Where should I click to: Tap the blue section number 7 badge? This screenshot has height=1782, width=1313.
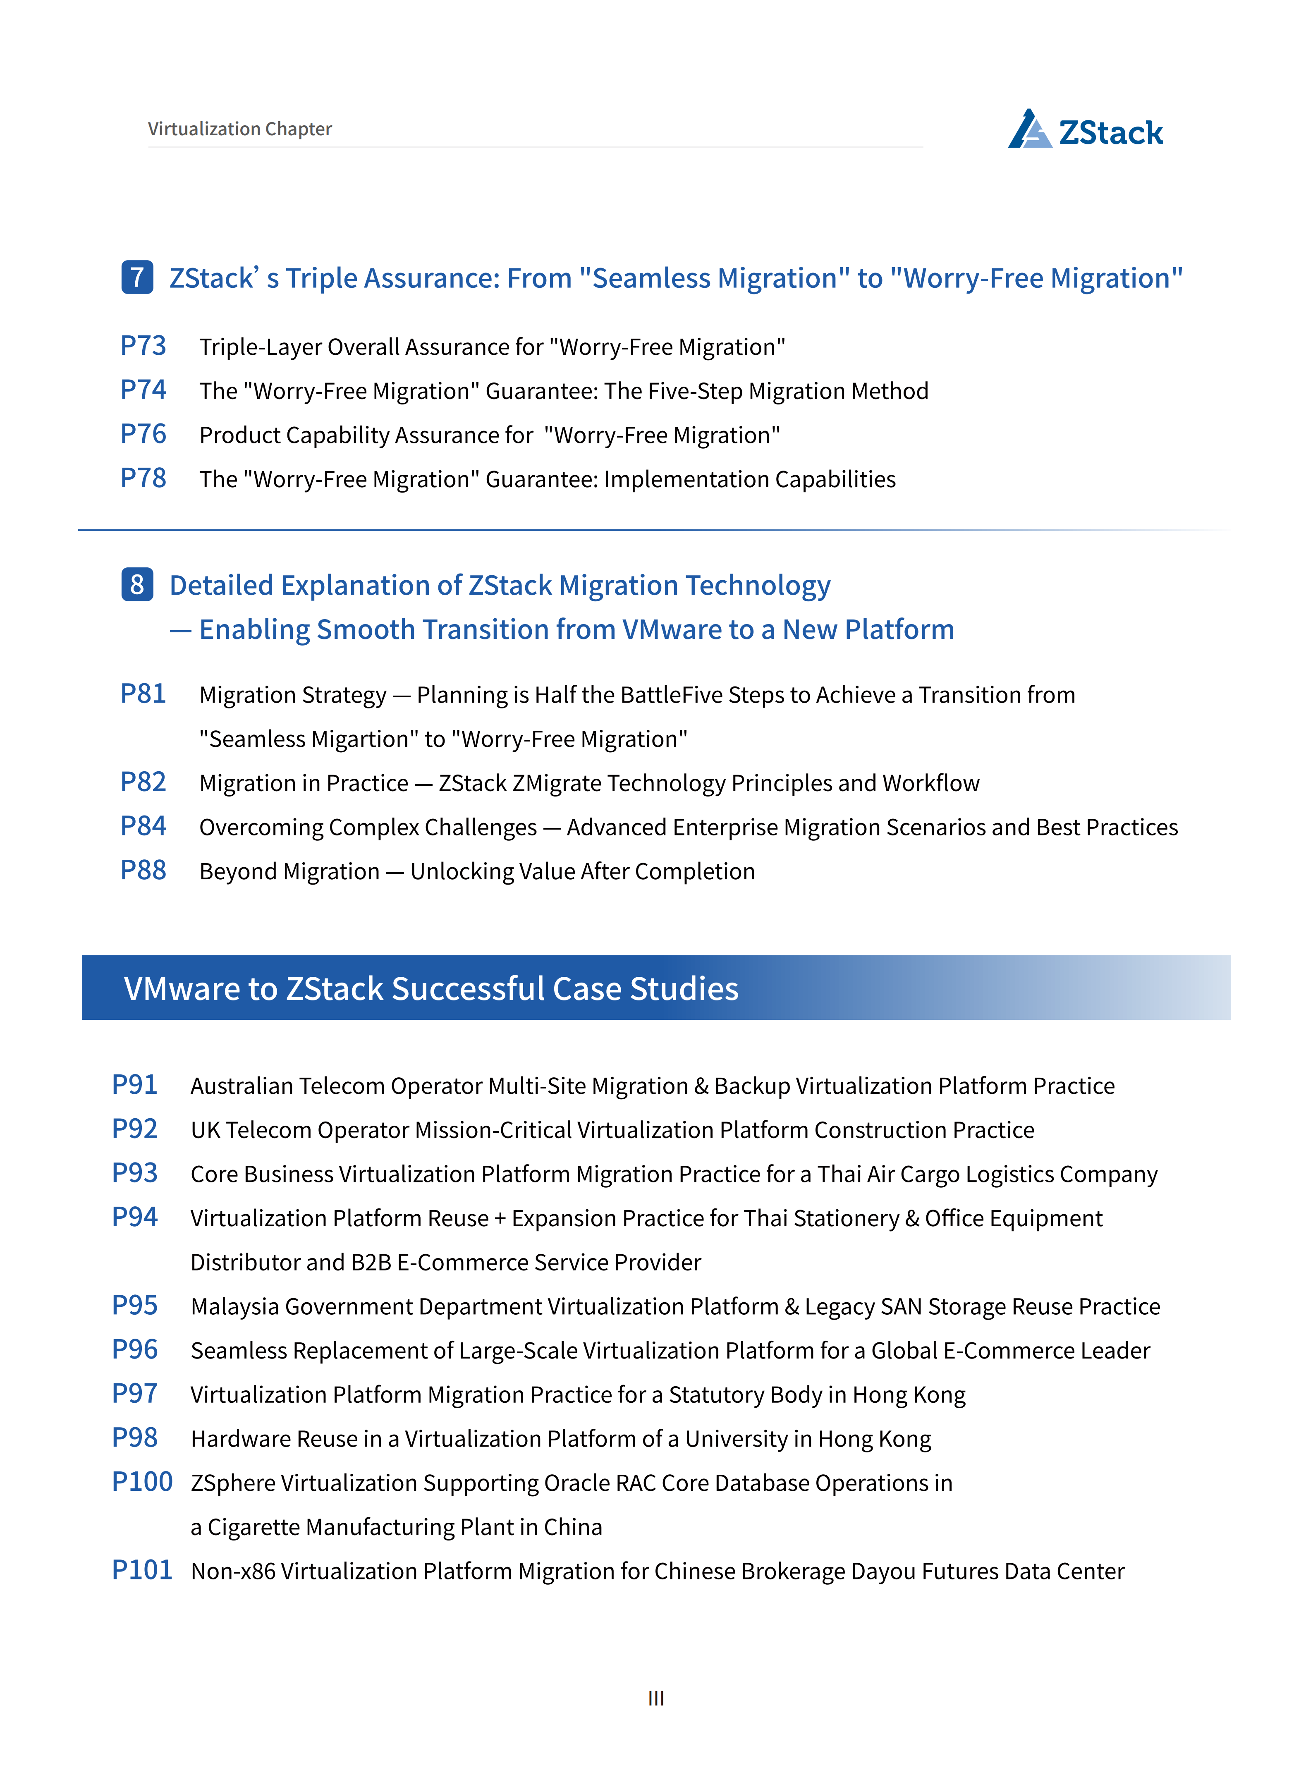point(137,277)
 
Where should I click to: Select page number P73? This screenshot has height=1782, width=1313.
point(143,346)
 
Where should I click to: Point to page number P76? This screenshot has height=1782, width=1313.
point(143,434)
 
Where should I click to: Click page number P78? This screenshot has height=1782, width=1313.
point(143,478)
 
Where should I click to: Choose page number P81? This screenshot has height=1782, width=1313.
point(143,694)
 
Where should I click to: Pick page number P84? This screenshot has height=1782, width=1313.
point(143,827)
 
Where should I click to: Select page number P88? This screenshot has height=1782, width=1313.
point(143,871)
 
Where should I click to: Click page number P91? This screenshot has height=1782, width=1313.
point(134,1085)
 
